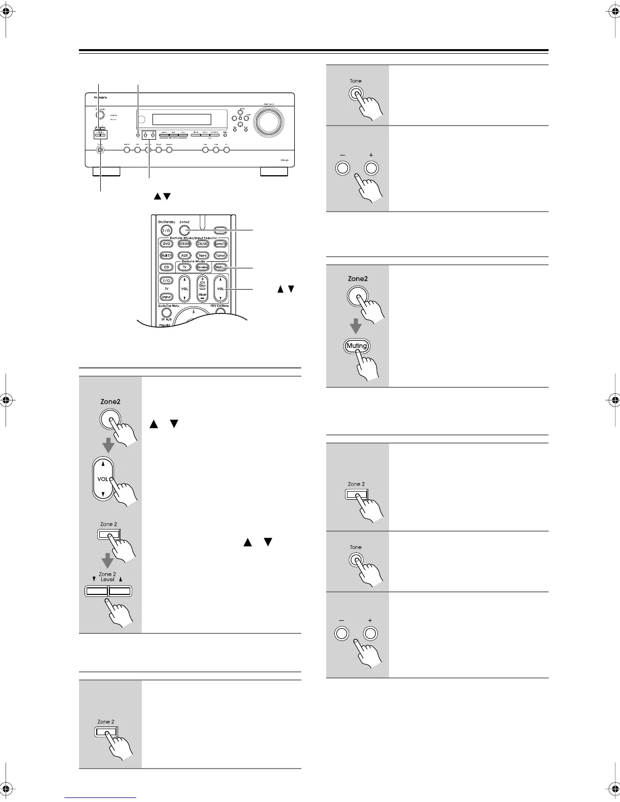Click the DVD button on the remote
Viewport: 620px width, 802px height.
coord(167,244)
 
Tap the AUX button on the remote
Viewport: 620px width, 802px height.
coord(185,256)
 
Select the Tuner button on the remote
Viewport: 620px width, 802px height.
coord(220,256)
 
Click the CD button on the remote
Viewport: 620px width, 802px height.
coord(167,267)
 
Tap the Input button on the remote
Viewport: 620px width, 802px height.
coord(166,297)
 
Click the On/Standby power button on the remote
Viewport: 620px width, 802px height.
coord(167,230)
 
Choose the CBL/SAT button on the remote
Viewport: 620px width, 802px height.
coord(203,244)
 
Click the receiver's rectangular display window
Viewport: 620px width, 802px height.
coord(181,119)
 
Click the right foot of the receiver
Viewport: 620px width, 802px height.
coord(274,172)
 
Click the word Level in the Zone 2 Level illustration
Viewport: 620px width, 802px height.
coord(107,579)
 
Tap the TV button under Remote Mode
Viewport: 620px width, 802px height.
coord(185,267)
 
